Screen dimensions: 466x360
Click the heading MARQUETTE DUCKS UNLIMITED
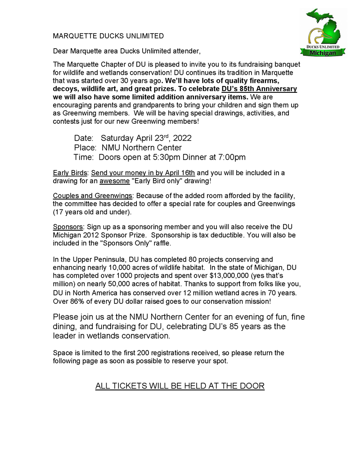[108, 36]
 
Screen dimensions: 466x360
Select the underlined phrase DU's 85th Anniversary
[259, 89]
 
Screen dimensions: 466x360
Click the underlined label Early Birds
[70, 172]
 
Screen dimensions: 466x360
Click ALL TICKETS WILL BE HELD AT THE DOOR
[180, 386]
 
